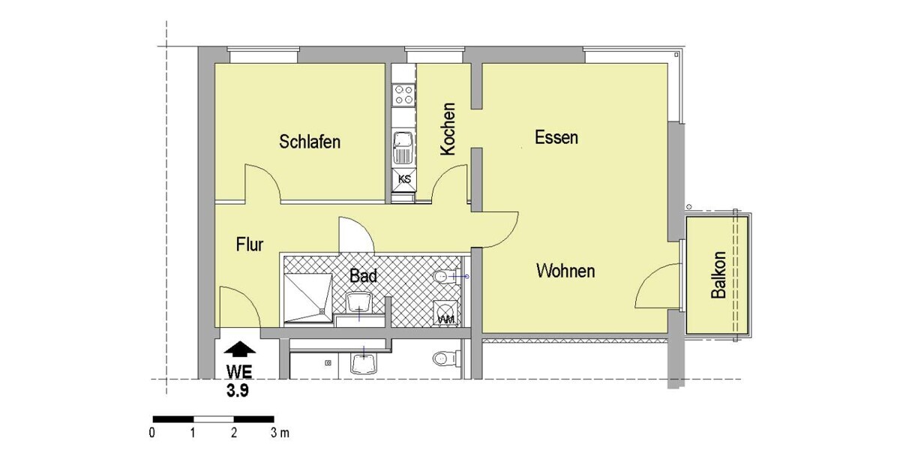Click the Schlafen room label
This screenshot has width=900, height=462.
click(x=310, y=142)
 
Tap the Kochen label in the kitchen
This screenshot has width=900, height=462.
click(x=448, y=129)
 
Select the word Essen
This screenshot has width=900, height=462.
click(x=556, y=137)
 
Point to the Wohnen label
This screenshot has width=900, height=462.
click(x=565, y=271)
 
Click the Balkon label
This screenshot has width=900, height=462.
click(x=718, y=274)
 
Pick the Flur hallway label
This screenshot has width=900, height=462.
click(x=250, y=244)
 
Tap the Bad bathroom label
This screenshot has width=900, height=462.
click(x=363, y=276)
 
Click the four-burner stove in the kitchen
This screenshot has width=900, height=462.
click(x=403, y=94)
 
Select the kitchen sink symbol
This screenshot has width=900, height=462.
click(x=403, y=148)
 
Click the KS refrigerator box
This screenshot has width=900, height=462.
click(x=404, y=179)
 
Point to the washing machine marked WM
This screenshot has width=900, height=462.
click(x=446, y=313)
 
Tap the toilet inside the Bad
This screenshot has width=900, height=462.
click(x=446, y=277)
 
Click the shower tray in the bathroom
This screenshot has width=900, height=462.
click(x=308, y=298)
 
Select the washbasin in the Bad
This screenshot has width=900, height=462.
click(x=359, y=302)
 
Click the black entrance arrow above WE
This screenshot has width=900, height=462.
click(x=239, y=349)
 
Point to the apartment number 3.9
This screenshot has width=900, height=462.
click(x=238, y=391)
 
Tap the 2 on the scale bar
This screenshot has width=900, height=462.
click(x=234, y=433)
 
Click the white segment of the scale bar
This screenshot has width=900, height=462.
click(x=214, y=419)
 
